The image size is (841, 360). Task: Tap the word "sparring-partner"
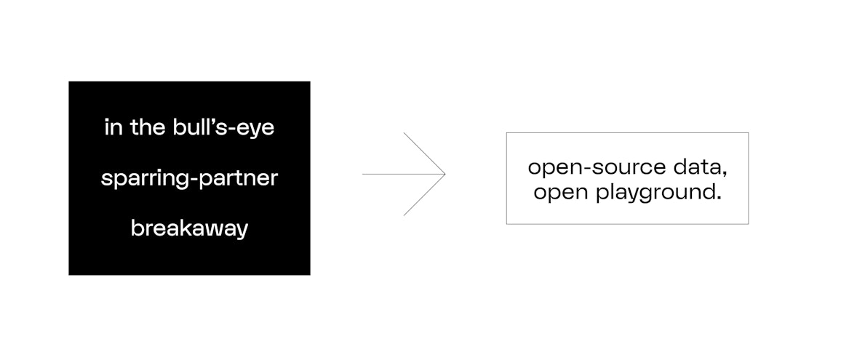click(x=189, y=178)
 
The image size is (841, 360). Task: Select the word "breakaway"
click(x=189, y=228)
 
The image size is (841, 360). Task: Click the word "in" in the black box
click(x=113, y=129)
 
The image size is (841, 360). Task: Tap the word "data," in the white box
click(x=700, y=168)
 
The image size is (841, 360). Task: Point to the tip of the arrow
click(x=445, y=175)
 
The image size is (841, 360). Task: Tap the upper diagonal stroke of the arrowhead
click(x=424, y=153)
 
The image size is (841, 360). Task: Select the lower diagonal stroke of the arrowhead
click(x=424, y=195)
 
